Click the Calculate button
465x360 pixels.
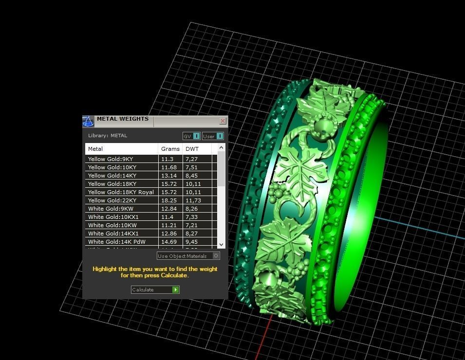(x=155, y=289)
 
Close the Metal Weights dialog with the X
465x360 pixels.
(x=223, y=121)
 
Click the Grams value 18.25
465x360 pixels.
(x=168, y=200)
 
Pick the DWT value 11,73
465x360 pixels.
(x=193, y=200)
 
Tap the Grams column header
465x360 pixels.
(x=170, y=149)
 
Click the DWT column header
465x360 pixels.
(x=192, y=149)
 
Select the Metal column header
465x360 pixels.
(x=95, y=149)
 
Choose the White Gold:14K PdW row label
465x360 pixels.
(x=116, y=242)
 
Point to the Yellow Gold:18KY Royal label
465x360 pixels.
(x=121, y=192)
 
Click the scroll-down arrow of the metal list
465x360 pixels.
(x=222, y=244)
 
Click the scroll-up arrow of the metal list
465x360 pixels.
(x=222, y=147)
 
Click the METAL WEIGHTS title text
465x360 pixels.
(x=122, y=119)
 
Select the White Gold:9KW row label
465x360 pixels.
(x=111, y=209)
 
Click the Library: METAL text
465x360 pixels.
(x=108, y=136)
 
